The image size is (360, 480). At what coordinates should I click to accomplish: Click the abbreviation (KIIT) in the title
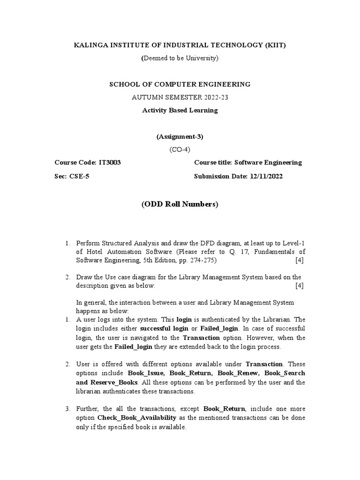[273, 45]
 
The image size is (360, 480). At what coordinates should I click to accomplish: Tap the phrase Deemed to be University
[180, 58]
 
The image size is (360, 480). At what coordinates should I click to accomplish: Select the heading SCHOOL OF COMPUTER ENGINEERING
[180, 84]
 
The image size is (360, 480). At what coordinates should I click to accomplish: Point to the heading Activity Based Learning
[180, 110]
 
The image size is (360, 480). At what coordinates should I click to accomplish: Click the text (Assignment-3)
[180, 137]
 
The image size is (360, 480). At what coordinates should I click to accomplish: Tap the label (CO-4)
[180, 150]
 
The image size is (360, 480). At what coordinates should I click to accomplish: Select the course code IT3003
[112, 163]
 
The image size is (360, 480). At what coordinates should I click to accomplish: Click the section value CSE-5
[78, 176]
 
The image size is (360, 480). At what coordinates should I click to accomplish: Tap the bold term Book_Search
[285, 373]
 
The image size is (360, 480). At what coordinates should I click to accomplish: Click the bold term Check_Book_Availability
[137, 418]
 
